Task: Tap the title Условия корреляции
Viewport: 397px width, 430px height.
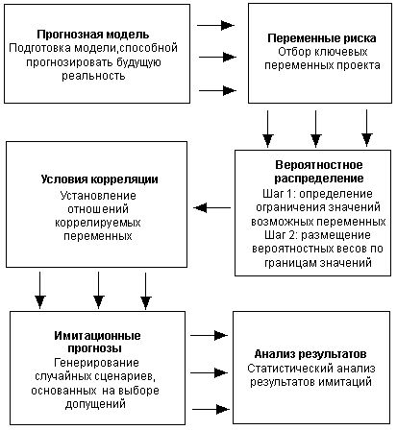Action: (x=99, y=179)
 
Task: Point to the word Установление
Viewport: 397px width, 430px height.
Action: (x=99, y=195)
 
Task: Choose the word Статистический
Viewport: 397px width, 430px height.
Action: (x=285, y=369)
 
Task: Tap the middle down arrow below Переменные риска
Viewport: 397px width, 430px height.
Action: (x=316, y=123)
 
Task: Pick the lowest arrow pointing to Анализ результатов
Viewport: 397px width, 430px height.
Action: (x=206, y=406)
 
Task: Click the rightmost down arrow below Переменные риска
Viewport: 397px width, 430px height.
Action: (x=365, y=123)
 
